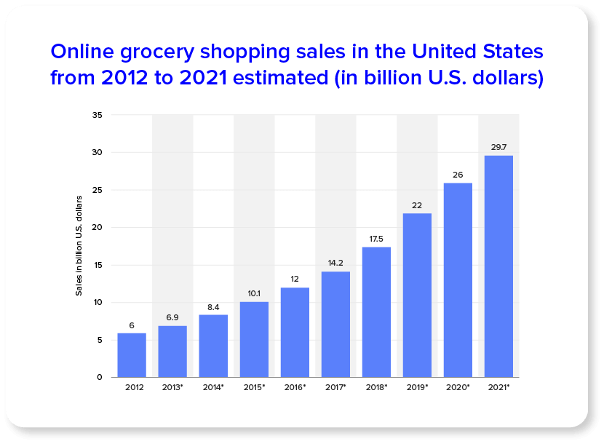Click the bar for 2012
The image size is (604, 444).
[132, 355]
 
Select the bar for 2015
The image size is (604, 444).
[254, 339]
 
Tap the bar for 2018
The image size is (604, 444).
[376, 312]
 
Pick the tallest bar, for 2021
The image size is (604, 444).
[498, 266]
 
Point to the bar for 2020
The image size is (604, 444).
[458, 280]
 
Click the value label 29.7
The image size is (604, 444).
[498, 147]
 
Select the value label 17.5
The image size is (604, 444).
[376, 238]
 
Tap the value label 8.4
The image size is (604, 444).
[213, 306]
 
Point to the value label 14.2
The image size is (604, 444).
[335, 263]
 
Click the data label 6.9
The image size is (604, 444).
[172, 317]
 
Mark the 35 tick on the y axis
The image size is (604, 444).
[98, 115]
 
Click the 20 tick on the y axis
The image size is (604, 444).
[98, 228]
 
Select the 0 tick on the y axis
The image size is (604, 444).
[100, 377]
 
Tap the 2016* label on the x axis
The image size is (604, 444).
[295, 388]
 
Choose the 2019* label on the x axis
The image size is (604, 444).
[417, 388]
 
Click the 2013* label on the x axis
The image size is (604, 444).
[172, 388]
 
